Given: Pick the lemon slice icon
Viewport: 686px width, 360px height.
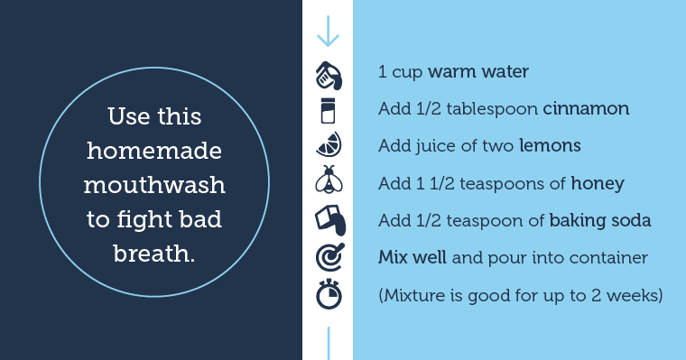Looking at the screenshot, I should pyautogui.click(x=328, y=146).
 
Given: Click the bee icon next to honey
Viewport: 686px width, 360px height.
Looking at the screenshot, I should pyautogui.click(x=328, y=182).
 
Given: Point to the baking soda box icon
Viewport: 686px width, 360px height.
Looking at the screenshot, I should pyautogui.click(x=328, y=220).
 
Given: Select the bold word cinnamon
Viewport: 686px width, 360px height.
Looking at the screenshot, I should pyautogui.click(x=586, y=109).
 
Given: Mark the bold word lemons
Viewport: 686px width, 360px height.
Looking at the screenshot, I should pyautogui.click(x=549, y=146).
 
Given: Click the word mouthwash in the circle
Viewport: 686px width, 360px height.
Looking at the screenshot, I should pyautogui.click(x=154, y=185).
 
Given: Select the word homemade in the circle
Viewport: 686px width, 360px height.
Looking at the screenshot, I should pyautogui.click(x=154, y=152).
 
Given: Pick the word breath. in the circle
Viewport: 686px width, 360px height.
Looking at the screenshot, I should pyautogui.click(x=154, y=254).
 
